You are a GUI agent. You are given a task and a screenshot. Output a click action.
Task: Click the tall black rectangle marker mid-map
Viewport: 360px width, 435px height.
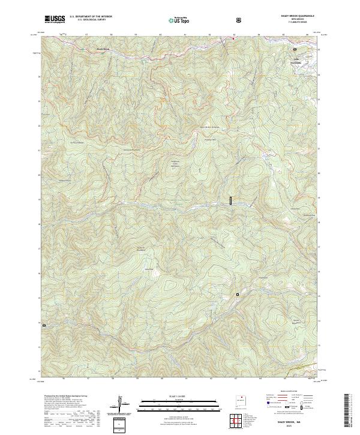pos(230,200)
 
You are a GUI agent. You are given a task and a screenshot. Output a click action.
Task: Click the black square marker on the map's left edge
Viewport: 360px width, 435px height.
pos(43,324)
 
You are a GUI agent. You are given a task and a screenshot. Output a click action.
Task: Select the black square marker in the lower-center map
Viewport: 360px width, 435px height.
pos(238,294)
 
